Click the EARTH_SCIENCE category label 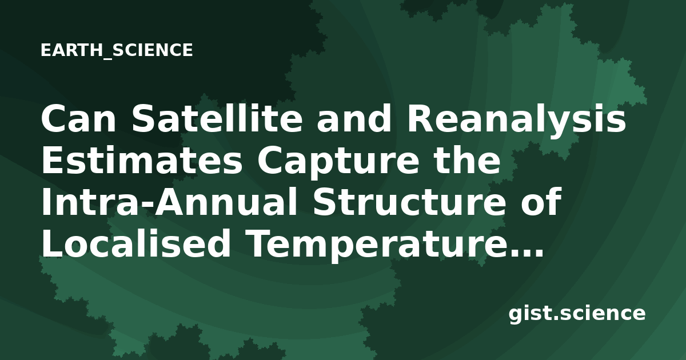point(117,50)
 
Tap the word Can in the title point(78,119)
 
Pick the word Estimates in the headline point(142,161)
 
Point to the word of point(541,201)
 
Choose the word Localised point(135,243)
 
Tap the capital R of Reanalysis point(420,119)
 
